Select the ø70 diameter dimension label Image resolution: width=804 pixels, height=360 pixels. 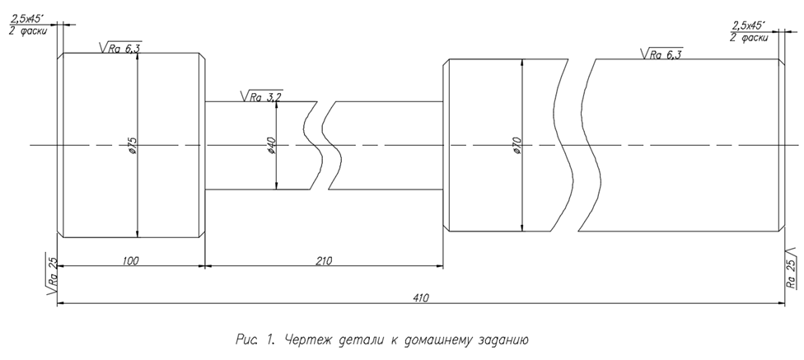pyautogui.click(x=517, y=145)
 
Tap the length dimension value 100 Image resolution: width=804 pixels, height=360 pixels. pyautogui.click(x=129, y=260)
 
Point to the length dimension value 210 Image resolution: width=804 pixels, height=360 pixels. pyautogui.click(x=323, y=260)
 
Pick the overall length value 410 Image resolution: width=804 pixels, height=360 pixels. pyautogui.click(x=421, y=298)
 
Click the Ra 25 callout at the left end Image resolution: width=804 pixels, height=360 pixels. pyautogui.click(x=51, y=275)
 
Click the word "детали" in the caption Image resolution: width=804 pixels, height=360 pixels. pyautogui.click(x=360, y=339)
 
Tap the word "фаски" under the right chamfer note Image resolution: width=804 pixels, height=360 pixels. pyautogui.click(x=755, y=37)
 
